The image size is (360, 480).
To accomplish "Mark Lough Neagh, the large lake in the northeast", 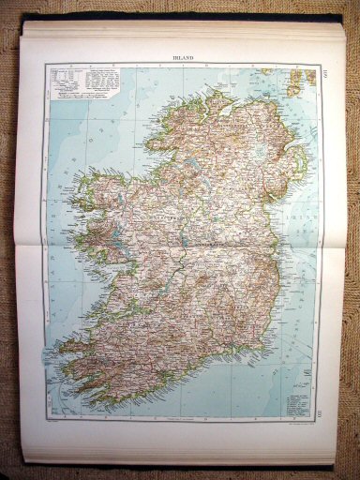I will click(266, 141).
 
